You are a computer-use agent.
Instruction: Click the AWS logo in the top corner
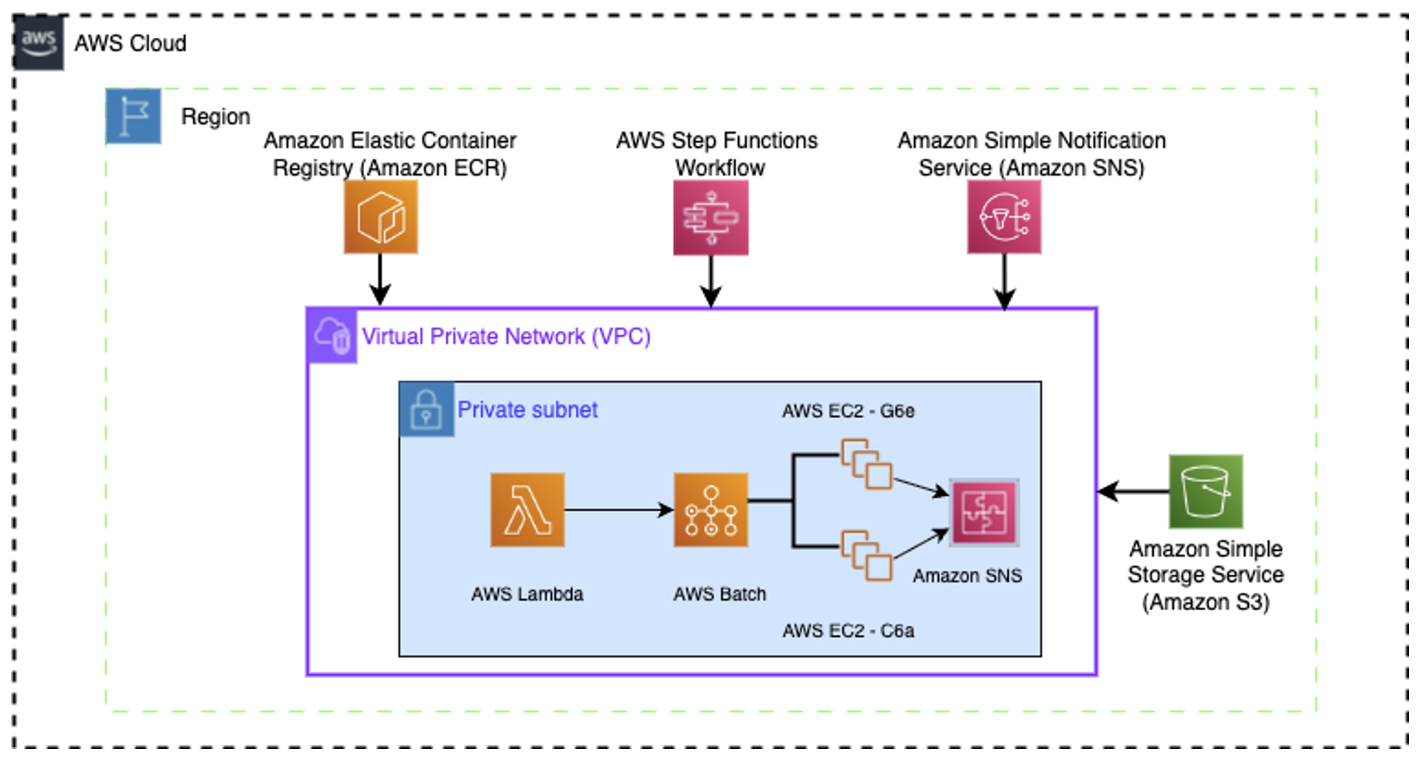pos(38,43)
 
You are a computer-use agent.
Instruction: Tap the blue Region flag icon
pos(133,116)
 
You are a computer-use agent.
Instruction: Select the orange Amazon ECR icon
pos(380,217)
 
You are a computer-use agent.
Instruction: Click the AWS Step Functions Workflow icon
pos(710,218)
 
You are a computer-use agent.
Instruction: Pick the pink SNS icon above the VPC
pos(1003,217)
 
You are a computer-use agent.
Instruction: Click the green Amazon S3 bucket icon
pos(1205,491)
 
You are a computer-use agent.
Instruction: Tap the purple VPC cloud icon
pos(332,336)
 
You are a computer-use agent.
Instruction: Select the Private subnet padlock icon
pos(426,409)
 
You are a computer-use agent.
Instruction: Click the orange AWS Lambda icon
pos(527,510)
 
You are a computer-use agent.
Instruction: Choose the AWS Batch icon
pos(710,510)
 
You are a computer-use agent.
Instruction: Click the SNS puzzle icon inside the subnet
pos(983,512)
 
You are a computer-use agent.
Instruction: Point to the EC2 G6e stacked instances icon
pos(866,463)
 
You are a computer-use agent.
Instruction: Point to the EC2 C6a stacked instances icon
pos(866,555)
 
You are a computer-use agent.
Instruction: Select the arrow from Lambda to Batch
pos(618,510)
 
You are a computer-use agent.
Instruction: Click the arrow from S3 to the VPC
pos(1132,491)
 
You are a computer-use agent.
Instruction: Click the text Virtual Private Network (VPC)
pos(506,337)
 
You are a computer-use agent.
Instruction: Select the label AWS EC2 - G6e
pos(847,411)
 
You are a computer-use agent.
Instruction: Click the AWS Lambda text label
pos(527,594)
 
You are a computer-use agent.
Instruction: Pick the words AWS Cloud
pos(130,43)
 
